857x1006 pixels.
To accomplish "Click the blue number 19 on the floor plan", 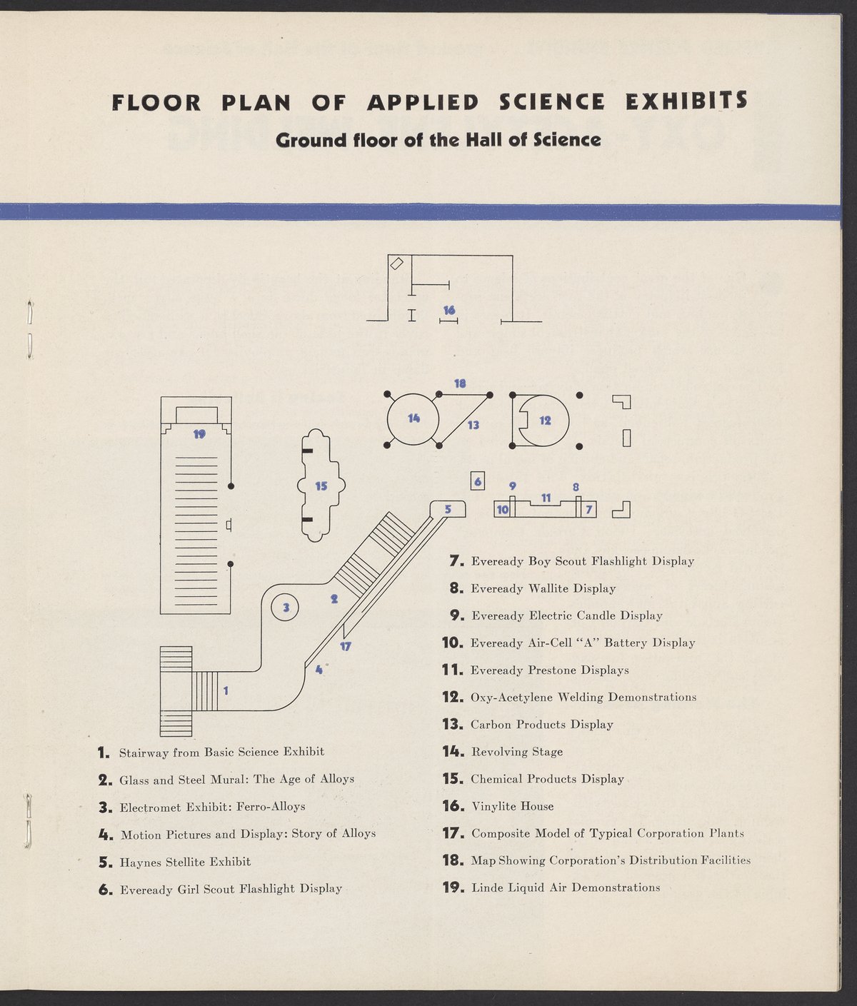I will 200,433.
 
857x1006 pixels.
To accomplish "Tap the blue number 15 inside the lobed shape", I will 321,486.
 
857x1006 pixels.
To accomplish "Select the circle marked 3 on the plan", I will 286,608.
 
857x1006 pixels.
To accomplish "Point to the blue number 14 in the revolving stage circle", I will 414,418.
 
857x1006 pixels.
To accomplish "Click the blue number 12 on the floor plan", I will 545,421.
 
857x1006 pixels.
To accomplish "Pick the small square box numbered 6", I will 478,482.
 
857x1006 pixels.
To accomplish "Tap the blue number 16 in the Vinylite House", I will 449,310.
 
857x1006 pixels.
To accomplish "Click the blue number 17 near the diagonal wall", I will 346,647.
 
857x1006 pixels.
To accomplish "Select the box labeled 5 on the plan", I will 448,509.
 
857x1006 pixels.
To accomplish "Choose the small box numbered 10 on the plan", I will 502,510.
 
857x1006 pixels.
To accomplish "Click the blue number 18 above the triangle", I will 460,383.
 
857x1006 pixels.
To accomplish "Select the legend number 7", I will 457,561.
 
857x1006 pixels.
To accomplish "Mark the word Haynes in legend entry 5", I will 140,862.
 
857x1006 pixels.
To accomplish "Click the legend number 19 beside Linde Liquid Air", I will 453,888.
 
